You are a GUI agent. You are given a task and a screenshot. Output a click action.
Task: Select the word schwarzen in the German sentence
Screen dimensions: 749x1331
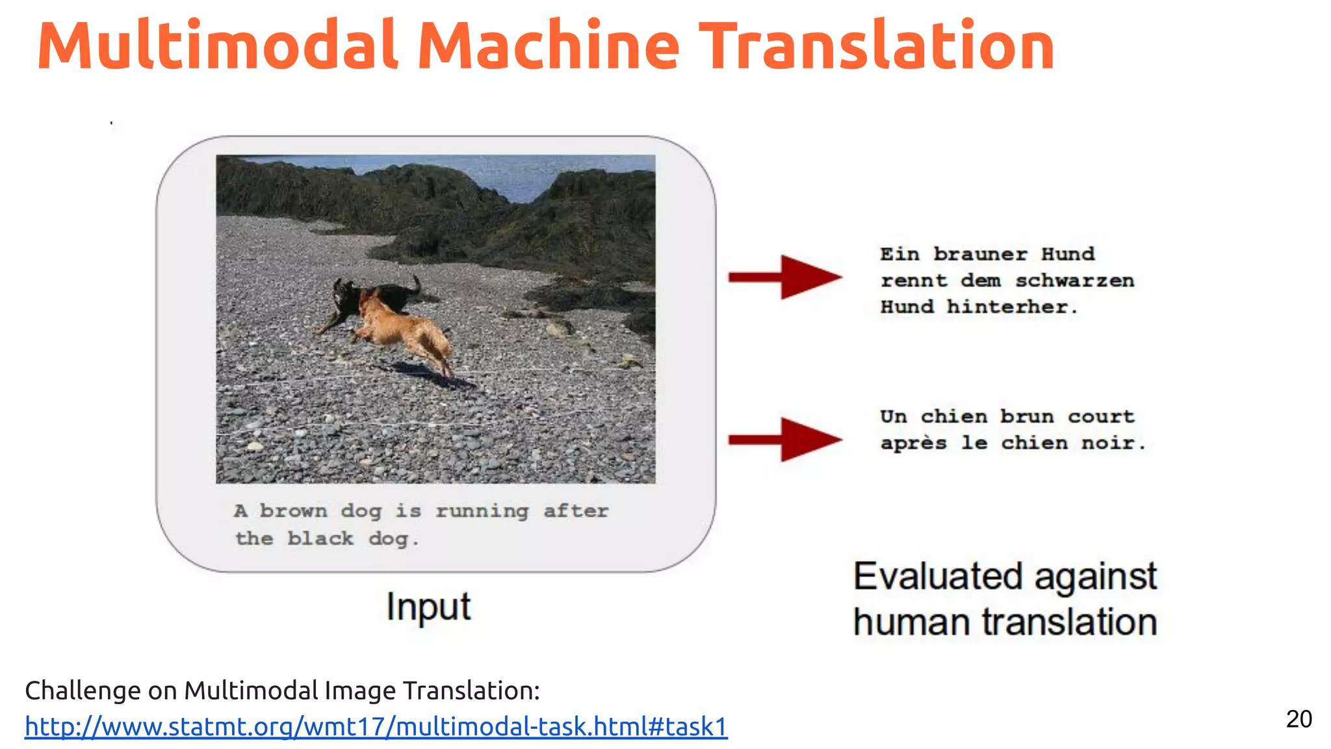point(1074,281)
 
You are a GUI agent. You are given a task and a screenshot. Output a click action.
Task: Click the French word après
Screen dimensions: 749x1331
point(913,443)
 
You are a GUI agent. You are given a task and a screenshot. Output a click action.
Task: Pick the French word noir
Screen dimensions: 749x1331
point(1113,443)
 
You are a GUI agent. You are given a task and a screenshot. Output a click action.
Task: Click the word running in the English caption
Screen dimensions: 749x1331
point(482,512)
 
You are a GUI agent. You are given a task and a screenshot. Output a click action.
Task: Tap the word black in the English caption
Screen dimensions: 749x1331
point(320,539)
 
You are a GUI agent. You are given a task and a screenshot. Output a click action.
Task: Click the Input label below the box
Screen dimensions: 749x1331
point(428,607)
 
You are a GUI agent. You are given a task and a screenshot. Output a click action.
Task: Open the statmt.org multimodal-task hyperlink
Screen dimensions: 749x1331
point(376,727)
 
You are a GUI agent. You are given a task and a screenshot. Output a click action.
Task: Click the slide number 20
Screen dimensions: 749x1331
point(1299,719)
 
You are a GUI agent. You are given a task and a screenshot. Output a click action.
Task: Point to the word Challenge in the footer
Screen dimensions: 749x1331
point(83,690)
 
